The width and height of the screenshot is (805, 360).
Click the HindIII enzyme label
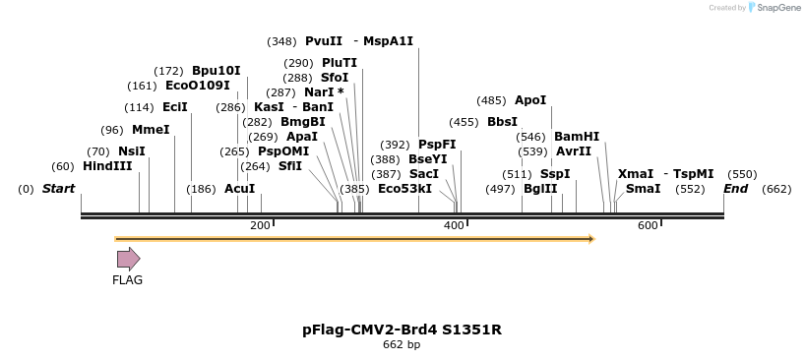[x=107, y=166]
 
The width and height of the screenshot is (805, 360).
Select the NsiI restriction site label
[x=131, y=151]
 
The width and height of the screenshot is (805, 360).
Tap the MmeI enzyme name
[x=151, y=130]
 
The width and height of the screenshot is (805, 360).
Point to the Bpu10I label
[x=216, y=71]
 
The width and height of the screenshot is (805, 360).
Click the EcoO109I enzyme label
[x=198, y=86]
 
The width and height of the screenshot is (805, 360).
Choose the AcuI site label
[x=239, y=189]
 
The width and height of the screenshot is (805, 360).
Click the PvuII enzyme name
[x=324, y=41]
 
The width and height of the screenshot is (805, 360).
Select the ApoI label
[x=530, y=100]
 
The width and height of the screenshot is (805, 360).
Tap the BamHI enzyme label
[x=577, y=137]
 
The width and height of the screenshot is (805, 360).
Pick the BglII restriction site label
[x=540, y=189]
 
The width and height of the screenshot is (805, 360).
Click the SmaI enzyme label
[x=643, y=189]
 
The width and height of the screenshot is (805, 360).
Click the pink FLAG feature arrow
[x=129, y=259]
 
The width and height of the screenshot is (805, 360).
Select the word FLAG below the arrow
[x=128, y=280]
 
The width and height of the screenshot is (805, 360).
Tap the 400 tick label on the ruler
[x=455, y=226]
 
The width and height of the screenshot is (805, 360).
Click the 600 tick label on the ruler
[x=648, y=226]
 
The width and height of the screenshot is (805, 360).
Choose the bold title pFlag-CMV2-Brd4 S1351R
[x=402, y=330]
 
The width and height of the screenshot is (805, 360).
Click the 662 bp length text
[x=402, y=345]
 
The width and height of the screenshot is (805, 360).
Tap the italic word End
[x=736, y=189]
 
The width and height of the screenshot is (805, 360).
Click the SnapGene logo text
[x=777, y=8]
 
